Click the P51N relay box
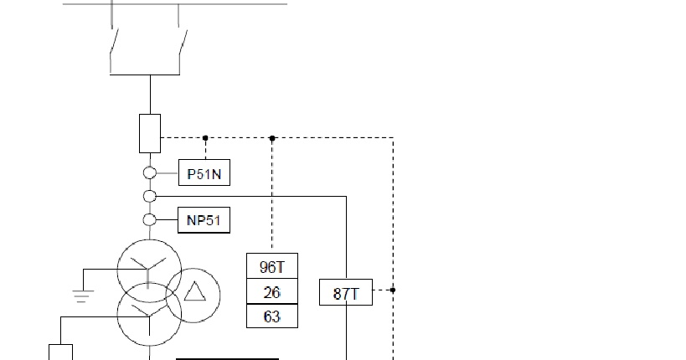coord(204,172)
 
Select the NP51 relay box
coord(204,220)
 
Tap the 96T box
coord(271,267)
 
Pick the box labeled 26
coord(271,291)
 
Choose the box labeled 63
coord(271,316)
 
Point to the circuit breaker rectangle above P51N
coord(150,133)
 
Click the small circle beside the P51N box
coord(150,172)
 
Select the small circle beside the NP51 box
coord(150,220)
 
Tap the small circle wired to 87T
coord(150,197)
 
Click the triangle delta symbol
coord(195,291)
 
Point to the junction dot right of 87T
coord(393,291)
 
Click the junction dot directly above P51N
coord(205,137)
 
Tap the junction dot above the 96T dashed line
coord(271,137)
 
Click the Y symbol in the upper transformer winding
coord(149,266)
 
